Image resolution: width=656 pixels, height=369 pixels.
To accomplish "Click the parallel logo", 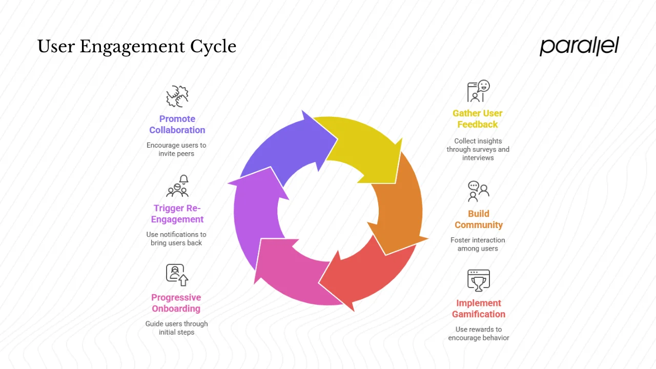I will pos(579,46).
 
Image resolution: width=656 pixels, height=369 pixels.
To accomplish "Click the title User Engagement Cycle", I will pos(137,47).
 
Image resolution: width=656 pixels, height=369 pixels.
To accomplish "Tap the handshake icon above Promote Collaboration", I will pos(177,96).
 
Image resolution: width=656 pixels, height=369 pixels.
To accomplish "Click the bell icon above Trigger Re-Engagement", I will pos(178,187).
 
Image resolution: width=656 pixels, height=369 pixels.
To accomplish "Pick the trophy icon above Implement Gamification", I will pos(479,280).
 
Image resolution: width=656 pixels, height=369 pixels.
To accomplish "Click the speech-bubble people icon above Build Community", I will pos(479,191).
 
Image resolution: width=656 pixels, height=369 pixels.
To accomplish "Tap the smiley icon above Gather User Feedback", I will pos(478,91).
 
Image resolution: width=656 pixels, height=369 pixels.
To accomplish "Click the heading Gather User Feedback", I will pos(478,119).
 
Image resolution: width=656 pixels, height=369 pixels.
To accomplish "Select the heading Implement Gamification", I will pos(479,309).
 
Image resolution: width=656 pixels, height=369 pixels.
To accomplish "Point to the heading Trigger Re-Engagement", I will pos(177,214).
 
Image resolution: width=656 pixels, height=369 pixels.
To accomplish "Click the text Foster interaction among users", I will pos(478,244).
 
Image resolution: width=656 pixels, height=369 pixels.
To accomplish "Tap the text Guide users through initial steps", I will pos(177,327).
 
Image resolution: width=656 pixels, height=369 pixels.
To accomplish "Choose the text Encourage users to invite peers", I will pos(176,149).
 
